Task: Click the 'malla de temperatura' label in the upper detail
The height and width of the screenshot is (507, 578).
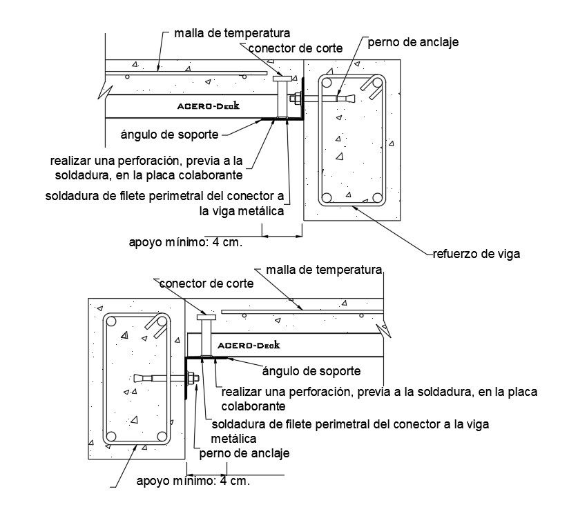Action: pyautogui.click(x=231, y=32)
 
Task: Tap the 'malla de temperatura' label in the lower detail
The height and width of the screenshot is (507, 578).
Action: pyautogui.click(x=323, y=268)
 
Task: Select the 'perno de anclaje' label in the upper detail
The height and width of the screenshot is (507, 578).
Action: pyautogui.click(x=413, y=43)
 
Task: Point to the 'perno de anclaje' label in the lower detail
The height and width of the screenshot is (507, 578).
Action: pyautogui.click(x=244, y=453)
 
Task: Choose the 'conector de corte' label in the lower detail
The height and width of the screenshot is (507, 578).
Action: pyautogui.click(x=206, y=284)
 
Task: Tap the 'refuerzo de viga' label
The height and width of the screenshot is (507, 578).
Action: pyautogui.click(x=476, y=253)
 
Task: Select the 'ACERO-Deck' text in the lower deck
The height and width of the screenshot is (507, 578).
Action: pyautogui.click(x=248, y=345)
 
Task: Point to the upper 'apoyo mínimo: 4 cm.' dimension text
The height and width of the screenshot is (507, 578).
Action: pyautogui.click(x=195, y=242)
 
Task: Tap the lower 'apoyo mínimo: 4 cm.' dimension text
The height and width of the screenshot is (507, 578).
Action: pyautogui.click(x=193, y=481)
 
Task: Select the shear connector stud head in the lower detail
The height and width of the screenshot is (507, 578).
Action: pyautogui.click(x=206, y=317)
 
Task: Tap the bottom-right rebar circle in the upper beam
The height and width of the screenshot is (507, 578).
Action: pyautogui.click(x=377, y=197)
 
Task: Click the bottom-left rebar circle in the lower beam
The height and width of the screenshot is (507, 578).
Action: pyautogui.click(x=110, y=436)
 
